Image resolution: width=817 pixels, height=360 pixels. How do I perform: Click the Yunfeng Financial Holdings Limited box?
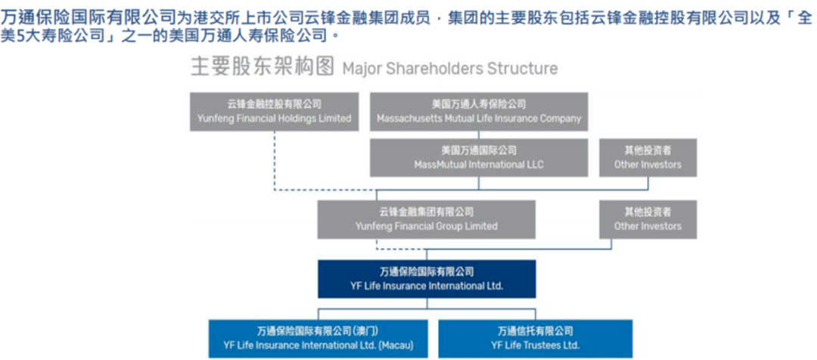pos(274,111)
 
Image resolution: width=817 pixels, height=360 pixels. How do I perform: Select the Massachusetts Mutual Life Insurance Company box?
pos(479,111)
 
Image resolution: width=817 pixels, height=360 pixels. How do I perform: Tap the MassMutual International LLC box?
pos(479,157)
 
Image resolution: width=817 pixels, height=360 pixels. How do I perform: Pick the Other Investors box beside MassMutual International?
pos(647,157)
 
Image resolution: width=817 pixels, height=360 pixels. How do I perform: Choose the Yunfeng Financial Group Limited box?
pos(427,219)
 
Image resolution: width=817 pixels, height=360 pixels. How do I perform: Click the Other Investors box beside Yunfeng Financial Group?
pos(647,219)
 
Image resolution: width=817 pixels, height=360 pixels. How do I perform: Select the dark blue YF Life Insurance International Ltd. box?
pos(427,278)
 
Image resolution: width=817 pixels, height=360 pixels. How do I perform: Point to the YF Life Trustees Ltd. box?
pos(534,339)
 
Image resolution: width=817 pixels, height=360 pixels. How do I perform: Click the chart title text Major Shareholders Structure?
pos(449,69)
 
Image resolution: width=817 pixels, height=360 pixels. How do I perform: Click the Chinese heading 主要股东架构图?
pos(262,68)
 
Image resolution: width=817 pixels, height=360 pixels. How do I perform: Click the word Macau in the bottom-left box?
pos(396,346)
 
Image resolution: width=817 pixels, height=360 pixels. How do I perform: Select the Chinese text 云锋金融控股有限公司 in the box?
pos(274,104)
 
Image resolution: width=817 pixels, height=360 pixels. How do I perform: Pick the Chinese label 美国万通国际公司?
pos(479,151)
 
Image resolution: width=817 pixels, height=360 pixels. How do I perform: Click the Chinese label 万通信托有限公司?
pos(534,331)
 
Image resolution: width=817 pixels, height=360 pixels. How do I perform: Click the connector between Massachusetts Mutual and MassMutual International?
pos(479,134)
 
